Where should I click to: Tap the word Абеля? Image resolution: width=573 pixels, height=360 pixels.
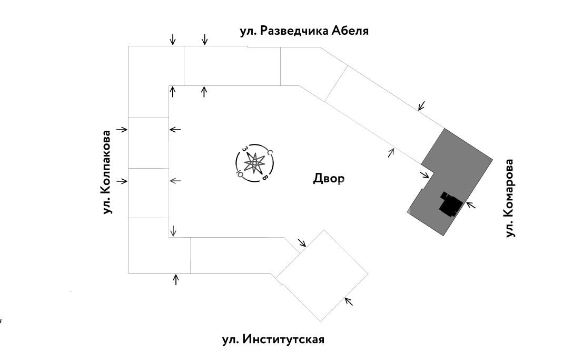(350, 31)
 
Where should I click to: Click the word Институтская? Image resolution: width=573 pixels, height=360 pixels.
(283, 339)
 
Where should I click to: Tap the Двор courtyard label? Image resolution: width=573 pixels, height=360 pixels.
(329, 179)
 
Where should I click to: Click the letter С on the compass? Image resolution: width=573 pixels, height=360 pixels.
(269, 153)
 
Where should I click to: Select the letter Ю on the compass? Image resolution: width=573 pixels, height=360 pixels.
(240, 172)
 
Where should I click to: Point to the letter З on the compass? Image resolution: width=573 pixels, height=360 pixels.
(244, 150)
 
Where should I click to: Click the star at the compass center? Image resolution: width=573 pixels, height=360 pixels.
(254, 164)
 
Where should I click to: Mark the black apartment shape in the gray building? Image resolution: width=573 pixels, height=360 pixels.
(450, 204)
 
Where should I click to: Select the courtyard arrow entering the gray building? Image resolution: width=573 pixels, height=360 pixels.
(424, 175)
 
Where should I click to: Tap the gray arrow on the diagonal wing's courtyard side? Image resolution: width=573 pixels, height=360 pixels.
(391, 152)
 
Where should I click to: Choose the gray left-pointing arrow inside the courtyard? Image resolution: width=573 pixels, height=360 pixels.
(175, 181)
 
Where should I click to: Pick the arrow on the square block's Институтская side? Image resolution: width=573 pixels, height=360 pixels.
(348, 301)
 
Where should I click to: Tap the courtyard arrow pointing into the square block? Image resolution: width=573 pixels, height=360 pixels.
(302, 242)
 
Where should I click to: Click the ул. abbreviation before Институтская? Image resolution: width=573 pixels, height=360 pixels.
(231, 339)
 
